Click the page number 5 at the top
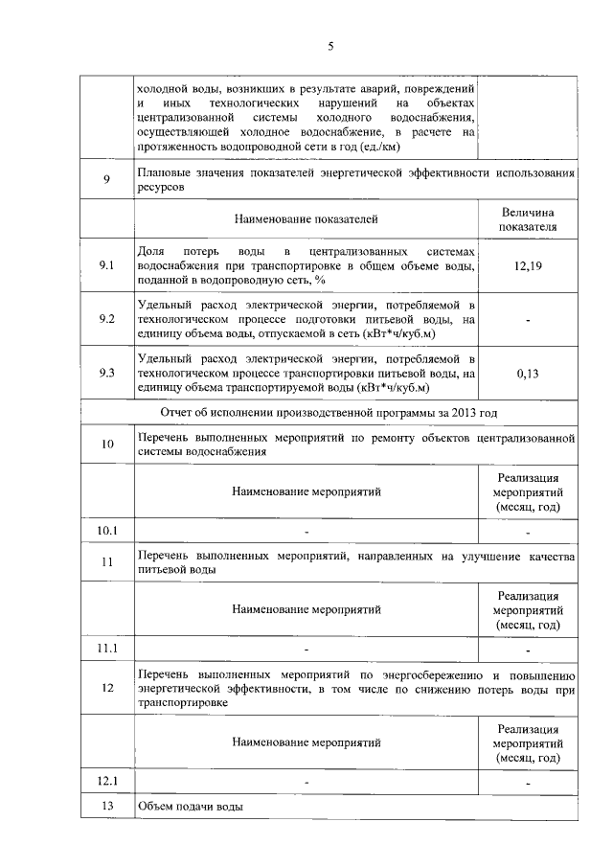pos(330,46)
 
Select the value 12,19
pos(528,265)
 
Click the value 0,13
pos(528,374)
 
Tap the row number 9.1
pos(106,265)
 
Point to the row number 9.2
pos(106,319)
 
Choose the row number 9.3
pos(106,374)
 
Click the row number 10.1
pos(106,530)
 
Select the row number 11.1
pos(106,649)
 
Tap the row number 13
pos(106,807)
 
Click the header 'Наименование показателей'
pos(306,219)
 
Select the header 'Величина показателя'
pos(528,219)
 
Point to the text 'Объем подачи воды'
pos(191,807)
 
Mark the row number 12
pos(106,688)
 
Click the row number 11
pos(106,561)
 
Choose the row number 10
pos(106,443)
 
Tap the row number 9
pos(106,180)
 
